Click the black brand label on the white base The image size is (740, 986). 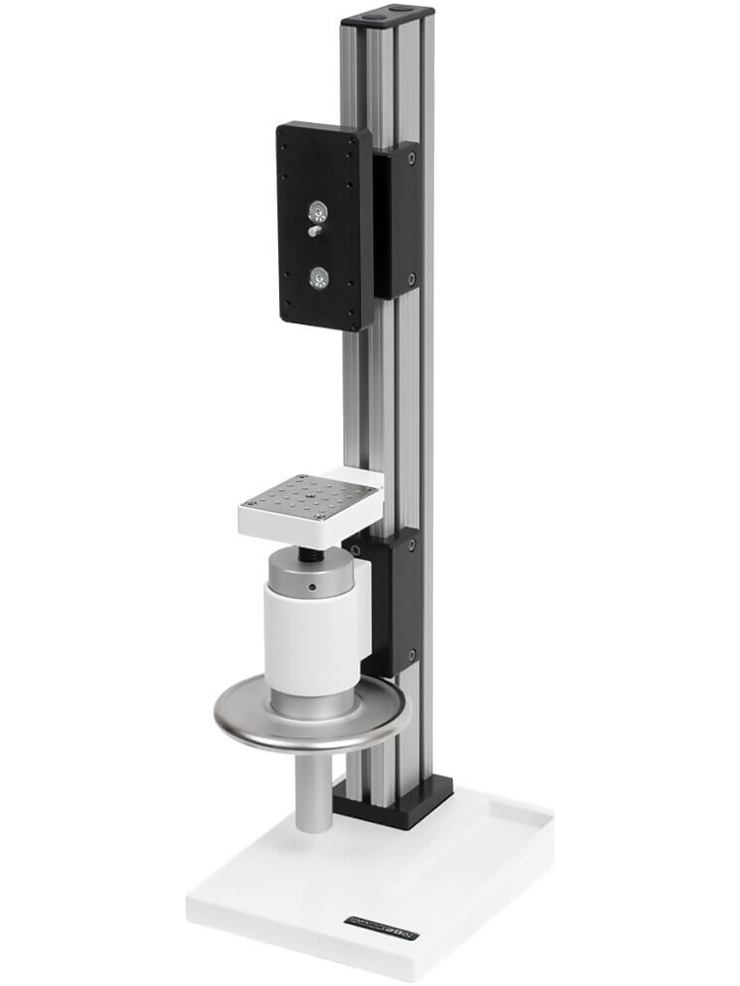pos(382,923)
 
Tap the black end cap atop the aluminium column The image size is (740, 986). pos(388,17)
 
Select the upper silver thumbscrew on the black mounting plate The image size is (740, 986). pos(318,211)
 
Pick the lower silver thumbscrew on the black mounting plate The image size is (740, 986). pos(318,279)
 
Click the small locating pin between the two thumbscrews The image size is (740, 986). pos(313,232)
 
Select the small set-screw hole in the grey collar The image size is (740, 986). pos(311,589)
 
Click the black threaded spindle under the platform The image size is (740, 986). pos(313,553)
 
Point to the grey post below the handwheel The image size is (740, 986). pos(313,789)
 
